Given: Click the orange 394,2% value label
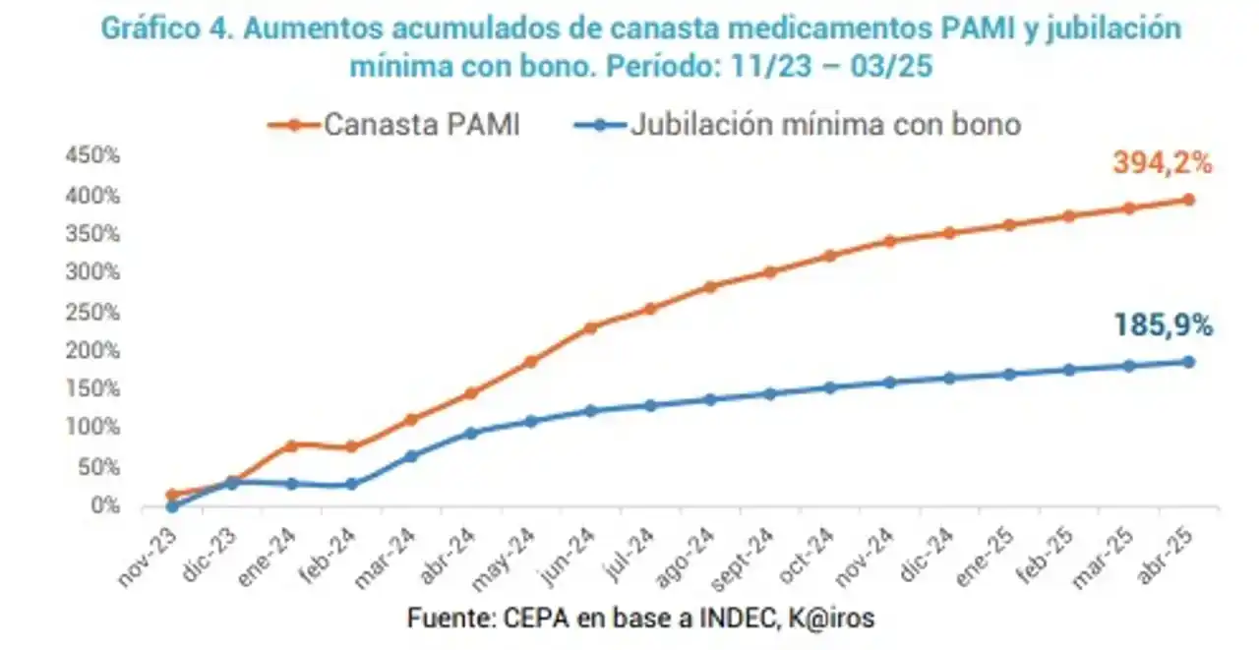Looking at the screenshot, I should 1163,163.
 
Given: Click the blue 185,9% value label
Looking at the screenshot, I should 1163,325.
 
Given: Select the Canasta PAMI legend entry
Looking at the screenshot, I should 393,125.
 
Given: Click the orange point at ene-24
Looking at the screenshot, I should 291,445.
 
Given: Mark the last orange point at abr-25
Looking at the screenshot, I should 1188,200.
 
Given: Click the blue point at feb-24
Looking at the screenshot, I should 351,484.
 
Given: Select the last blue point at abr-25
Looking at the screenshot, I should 1188,362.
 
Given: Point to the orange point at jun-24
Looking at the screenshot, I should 590,327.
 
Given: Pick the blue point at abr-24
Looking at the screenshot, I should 470,433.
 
